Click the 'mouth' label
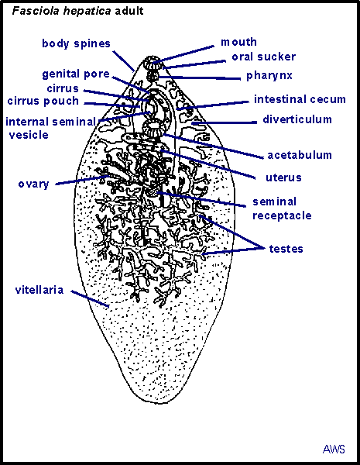238,42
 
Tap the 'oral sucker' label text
264,57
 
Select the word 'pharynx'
269,76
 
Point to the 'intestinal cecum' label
300,99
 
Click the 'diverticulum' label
297,119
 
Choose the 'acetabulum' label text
300,155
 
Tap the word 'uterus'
283,177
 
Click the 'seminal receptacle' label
282,208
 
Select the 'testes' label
286,249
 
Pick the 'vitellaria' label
39,290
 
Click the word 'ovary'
33,184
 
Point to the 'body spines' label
76,43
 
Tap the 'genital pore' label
76,74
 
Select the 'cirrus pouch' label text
43,101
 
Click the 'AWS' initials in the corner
334,449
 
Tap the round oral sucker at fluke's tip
152,63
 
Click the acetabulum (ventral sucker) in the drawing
153,128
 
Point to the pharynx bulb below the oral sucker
153,76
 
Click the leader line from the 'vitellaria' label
90,298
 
